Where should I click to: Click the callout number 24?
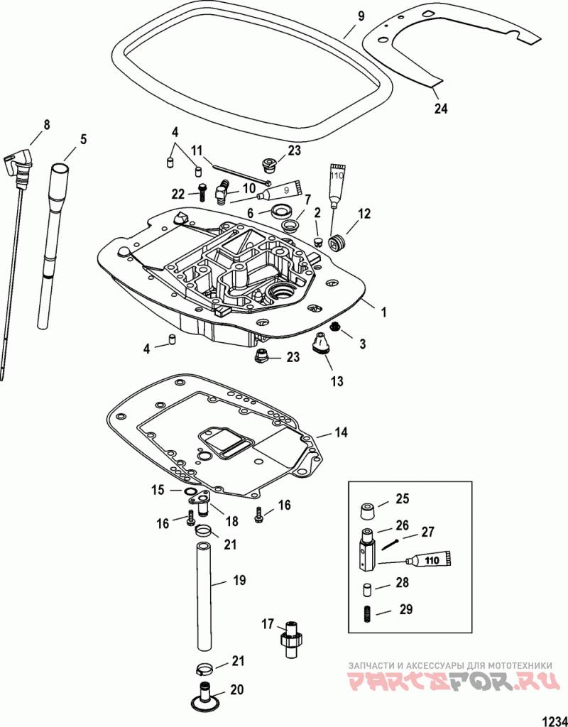441,109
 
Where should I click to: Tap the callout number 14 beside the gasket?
340,432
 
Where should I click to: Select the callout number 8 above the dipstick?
46,125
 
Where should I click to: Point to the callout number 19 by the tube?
239,580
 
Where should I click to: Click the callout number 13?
337,381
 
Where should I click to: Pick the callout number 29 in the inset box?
405,609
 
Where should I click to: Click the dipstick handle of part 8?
19,164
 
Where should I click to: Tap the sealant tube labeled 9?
282,189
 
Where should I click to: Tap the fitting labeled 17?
290,640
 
